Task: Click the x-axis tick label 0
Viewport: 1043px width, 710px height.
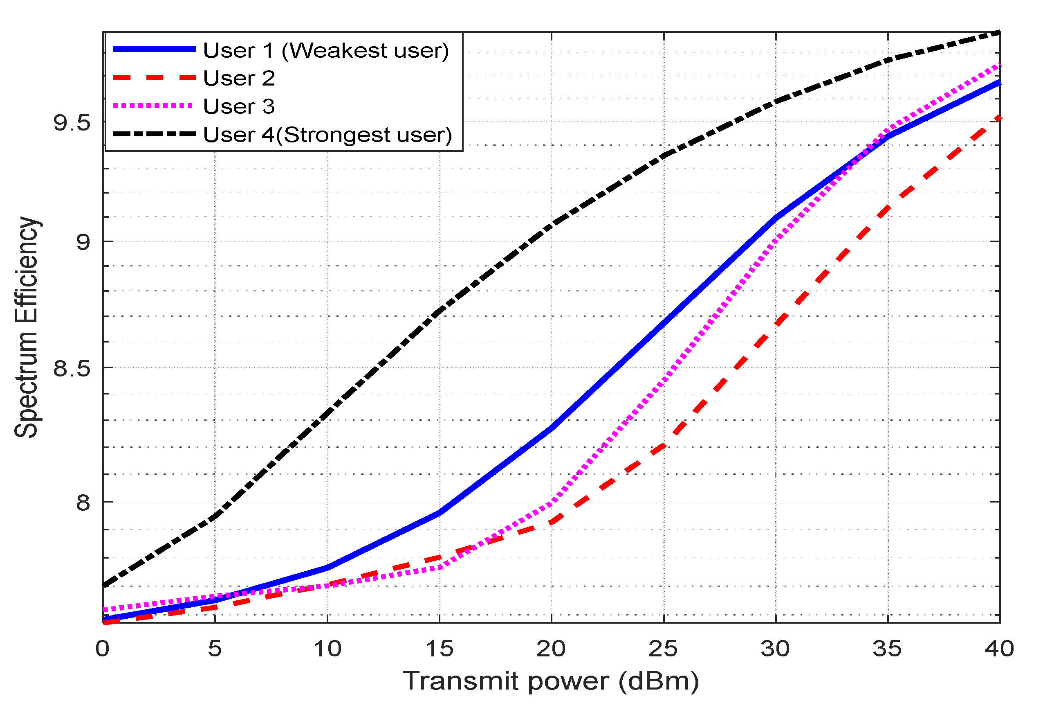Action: click(102, 649)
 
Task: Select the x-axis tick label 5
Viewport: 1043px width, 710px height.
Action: click(215, 649)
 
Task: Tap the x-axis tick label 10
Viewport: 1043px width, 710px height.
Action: click(327, 649)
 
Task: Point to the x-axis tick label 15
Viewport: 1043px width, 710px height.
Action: click(440, 649)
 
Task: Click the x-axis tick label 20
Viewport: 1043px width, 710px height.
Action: click(551, 649)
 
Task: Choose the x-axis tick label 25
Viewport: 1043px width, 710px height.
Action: click(663, 649)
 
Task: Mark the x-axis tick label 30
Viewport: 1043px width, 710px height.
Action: click(775, 649)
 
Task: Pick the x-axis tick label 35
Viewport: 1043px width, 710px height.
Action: click(887, 649)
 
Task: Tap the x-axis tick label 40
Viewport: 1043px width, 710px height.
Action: click(999, 649)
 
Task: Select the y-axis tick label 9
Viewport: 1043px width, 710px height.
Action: click(83, 242)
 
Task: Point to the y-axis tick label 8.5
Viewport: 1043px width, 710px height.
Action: click(72, 368)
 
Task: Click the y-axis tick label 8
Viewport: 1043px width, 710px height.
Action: click(83, 502)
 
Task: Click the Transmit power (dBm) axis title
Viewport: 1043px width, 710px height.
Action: click(551, 681)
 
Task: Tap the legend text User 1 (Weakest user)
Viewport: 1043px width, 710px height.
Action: click(326, 50)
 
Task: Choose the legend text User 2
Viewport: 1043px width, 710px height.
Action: click(239, 78)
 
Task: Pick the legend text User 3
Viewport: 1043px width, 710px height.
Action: click(239, 106)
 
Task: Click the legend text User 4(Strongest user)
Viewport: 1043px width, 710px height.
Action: click(327, 135)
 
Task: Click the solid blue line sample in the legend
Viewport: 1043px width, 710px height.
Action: click(155, 50)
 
